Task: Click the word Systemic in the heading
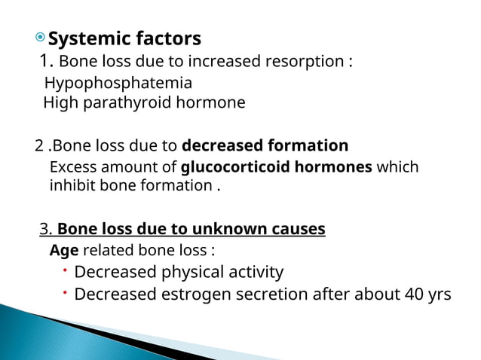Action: coord(84,38)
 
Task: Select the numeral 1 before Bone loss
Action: coord(45,61)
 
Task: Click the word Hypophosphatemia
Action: coord(118,83)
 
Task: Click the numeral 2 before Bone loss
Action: coord(39,145)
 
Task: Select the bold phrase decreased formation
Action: coord(265,145)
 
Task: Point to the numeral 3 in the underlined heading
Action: coord(44,229)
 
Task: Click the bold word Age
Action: coord(63,250)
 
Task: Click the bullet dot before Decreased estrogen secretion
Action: coord(66,291)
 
